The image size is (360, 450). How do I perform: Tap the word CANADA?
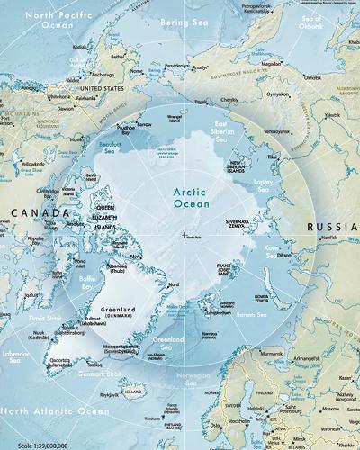tap(38, 213)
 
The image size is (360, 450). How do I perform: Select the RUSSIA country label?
tap(332, 227)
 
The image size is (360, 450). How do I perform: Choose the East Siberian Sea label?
tap(233, 130)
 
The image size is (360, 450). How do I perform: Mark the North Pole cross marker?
tap(184, 236)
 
